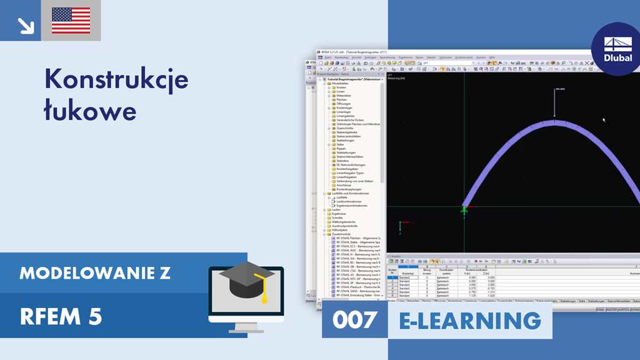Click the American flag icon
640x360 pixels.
71,21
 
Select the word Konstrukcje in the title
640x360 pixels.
116,80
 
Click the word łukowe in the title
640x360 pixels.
90,110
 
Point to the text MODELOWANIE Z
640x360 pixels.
94,273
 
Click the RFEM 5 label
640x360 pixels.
61,316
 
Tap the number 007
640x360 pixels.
355,320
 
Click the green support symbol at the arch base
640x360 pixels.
464,210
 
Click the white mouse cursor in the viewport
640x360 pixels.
603,119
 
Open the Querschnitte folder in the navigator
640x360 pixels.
345,128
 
